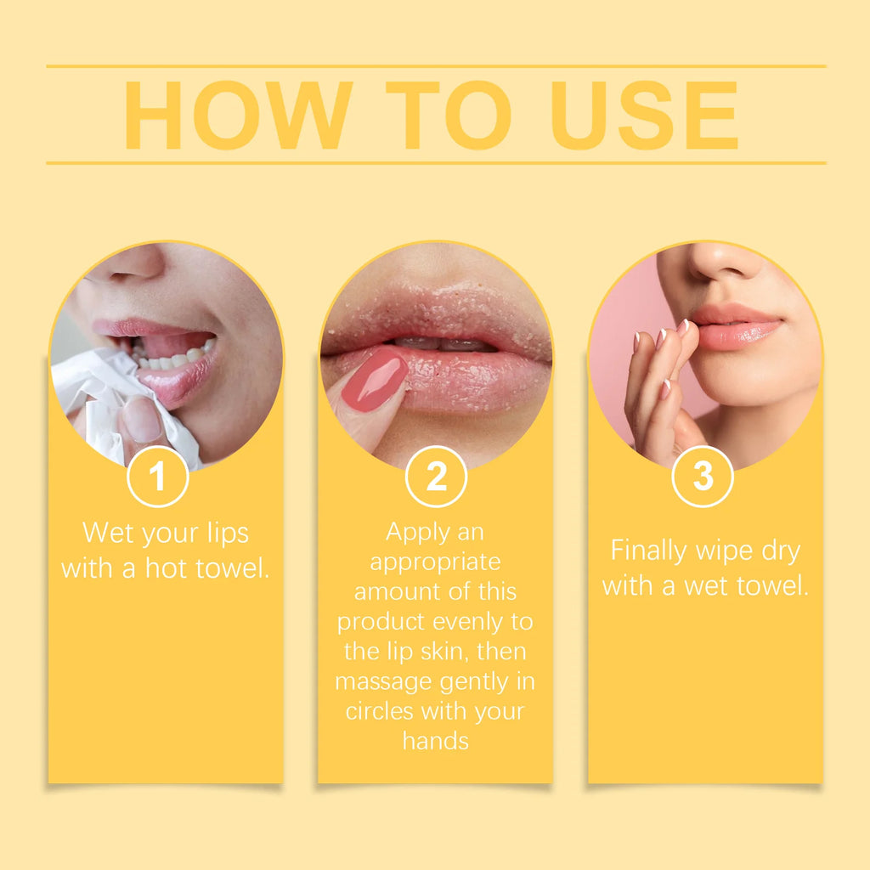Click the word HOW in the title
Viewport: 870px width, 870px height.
pos(238,116)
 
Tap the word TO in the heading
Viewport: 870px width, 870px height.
pos(448,116)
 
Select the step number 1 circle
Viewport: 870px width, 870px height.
pos(158,477)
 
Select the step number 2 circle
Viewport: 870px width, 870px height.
pos(436,477)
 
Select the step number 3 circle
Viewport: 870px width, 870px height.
pos(703,477)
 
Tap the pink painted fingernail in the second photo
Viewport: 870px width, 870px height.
pos(374,381)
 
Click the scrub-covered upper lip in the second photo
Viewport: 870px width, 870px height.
pos(433,319)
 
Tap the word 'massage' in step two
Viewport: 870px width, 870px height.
pos(385,682)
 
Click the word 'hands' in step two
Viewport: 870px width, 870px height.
pos(435,740)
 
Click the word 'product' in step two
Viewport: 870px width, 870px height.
pos(381,622)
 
